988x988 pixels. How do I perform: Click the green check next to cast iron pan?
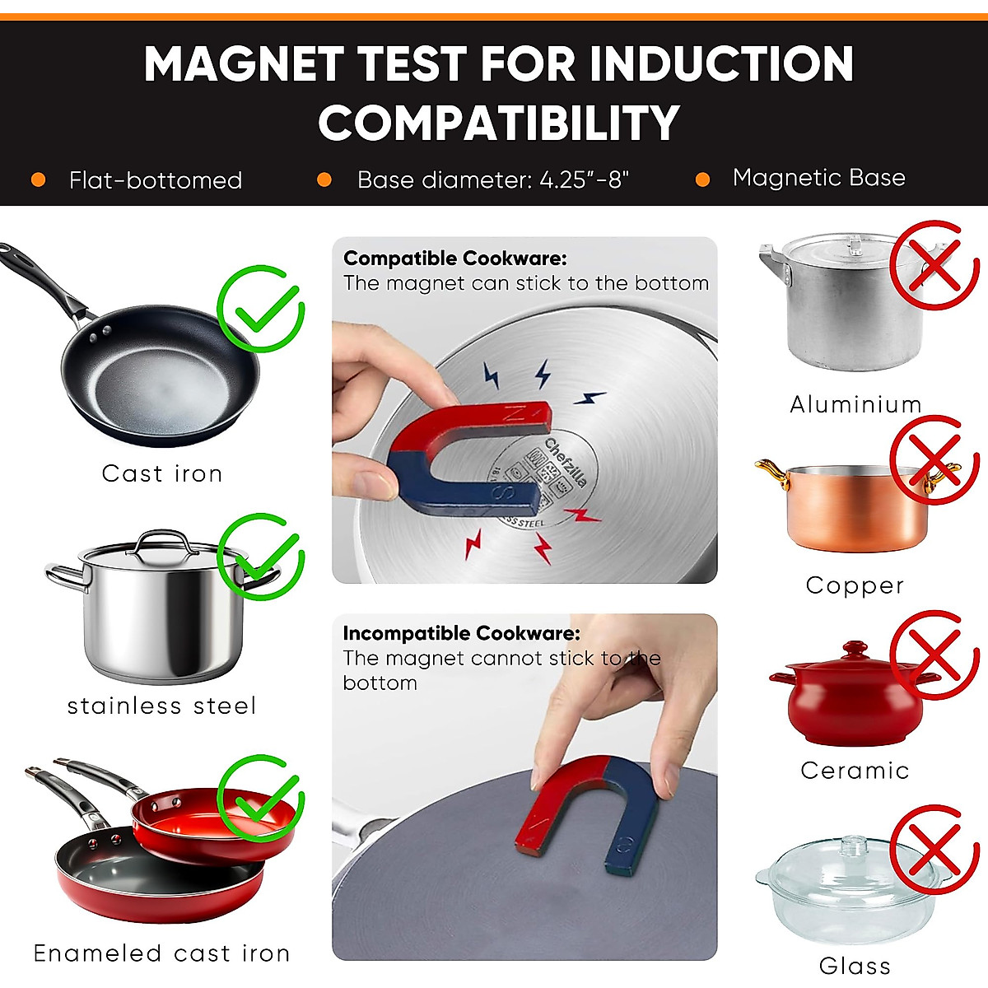[x=261, y=310]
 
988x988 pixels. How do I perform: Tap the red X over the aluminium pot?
[x=933, y=264]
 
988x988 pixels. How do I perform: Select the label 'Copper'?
[x=855, y=585]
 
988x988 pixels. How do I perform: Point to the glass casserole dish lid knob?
[x=855, y=845]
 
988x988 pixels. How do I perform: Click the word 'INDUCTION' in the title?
[x=721, y=64]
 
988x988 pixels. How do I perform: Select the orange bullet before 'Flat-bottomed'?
[x=38, y=179]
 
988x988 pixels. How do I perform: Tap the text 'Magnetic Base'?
[x=818, y=178]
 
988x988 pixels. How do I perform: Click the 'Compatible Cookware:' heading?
[x=454, y=259]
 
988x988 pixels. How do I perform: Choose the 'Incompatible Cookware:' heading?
[x=461, y=633]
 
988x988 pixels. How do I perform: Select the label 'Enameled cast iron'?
[x=161, y=953]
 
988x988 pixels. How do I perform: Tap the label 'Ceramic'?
[x=855, y=771]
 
